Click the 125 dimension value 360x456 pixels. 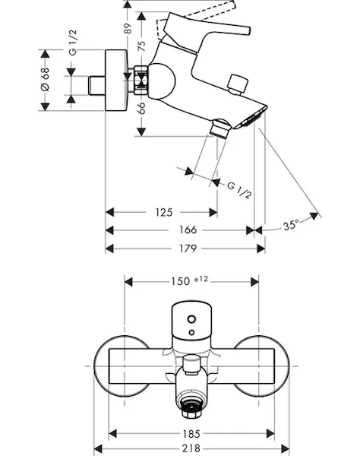164,212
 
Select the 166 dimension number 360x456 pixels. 188,230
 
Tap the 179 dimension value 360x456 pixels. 188,249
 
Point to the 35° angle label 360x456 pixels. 291,224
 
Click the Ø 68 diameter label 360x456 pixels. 46,79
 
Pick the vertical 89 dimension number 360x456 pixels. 128,28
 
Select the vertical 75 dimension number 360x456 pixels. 141,46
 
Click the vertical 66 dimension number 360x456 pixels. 141,108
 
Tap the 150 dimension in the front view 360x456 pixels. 181,281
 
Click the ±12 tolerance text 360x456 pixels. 201,279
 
